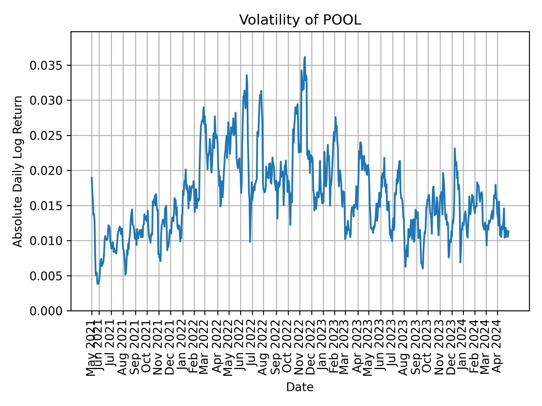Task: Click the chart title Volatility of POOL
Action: [x=300, y=20]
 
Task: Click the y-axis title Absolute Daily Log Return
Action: [x=18, y=171]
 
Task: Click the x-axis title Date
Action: [x=300, y=387]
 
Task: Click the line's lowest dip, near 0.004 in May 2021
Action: [x=98, y=284]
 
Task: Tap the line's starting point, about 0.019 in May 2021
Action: [x=92, y=177]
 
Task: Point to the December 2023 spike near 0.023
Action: [x=454, y=148]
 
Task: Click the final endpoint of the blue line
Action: [x=509, y=231]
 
